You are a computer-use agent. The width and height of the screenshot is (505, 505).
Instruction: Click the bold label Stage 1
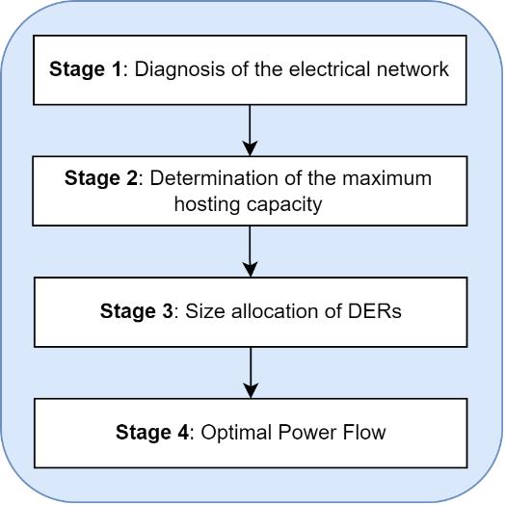click(86, 69)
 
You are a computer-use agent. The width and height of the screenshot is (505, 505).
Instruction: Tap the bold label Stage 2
click(101, 178)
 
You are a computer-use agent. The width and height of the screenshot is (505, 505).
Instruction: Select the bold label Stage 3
click(137, 311)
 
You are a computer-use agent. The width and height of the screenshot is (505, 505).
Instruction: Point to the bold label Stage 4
click(152, 432)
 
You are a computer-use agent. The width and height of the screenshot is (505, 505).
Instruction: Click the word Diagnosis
click(179, 69)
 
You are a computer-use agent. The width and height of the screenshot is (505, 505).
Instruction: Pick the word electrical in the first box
click(330, 69)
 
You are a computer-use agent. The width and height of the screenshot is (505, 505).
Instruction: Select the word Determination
click(214, 177)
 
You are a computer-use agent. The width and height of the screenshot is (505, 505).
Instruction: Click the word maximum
click(386, 178)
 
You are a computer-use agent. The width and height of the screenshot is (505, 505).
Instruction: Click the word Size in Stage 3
click(205, 311)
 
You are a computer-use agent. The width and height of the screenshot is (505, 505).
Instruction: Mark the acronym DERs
click(375, 311)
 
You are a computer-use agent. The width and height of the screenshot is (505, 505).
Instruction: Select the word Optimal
click(236, 433)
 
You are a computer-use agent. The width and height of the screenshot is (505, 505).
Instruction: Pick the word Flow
click(364, 432)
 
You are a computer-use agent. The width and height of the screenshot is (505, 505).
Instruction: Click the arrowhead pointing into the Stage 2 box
click(250, 148)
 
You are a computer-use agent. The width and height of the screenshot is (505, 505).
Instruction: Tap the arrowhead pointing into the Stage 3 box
click(250, 269)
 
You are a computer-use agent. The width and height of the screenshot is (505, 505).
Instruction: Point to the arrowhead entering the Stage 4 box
click(251, 390)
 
